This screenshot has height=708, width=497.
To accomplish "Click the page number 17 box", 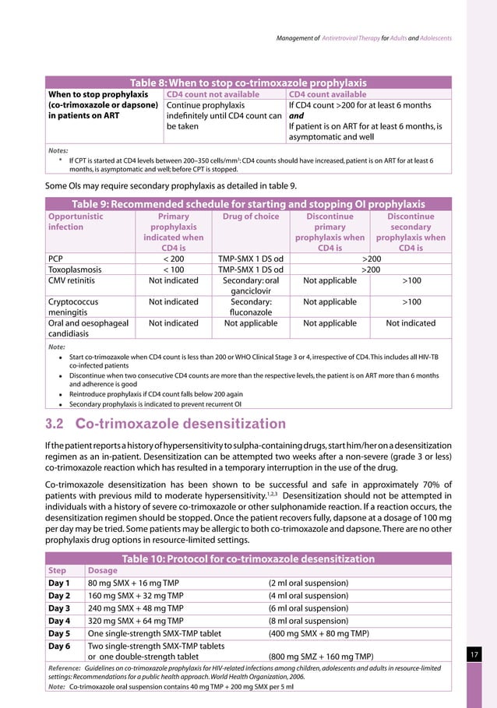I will coord(474,657).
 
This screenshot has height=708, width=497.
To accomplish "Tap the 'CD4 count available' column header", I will coord(327,95).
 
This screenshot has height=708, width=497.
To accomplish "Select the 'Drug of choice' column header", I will coord(249,216).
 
